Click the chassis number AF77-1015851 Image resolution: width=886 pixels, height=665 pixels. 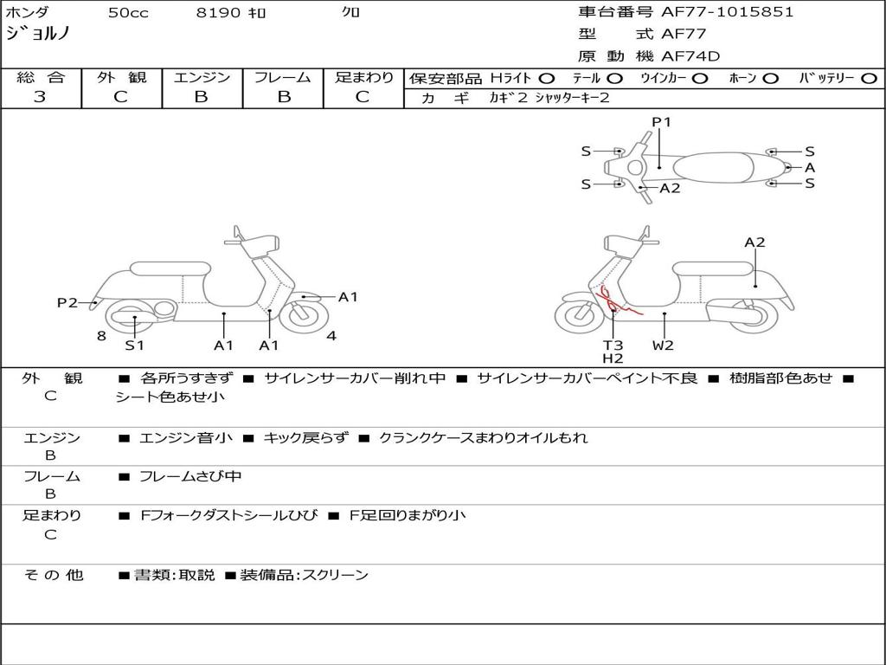pos(727,12)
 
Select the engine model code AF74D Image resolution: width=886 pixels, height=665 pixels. pos(690,56)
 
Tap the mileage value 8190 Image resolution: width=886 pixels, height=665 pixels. pos(218,12)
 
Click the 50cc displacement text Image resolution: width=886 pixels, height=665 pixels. pos(128,12)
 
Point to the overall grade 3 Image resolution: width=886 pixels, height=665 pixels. pos(40,97)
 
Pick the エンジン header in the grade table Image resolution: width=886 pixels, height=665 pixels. pos(202,77)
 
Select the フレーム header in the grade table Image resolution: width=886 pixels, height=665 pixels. pos(283,77)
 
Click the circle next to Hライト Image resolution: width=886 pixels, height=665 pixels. pos(547,79)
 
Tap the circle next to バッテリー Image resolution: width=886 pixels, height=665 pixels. pos(869,79)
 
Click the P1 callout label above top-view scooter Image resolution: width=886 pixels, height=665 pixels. pos(661,121)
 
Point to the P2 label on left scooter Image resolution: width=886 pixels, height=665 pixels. pos(67,302)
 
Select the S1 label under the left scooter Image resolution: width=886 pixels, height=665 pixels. pos(134,345)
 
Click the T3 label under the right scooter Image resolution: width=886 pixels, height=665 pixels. pos(613,345)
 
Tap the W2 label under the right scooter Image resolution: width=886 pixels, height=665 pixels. pos(663,345)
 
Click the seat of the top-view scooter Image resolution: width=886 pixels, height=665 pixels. pos(713,167)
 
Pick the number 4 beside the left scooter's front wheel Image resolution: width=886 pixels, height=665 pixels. pos(331,336)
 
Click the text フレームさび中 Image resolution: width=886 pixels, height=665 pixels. pos(190,477)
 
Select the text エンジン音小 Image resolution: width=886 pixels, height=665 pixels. pos(185,437)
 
